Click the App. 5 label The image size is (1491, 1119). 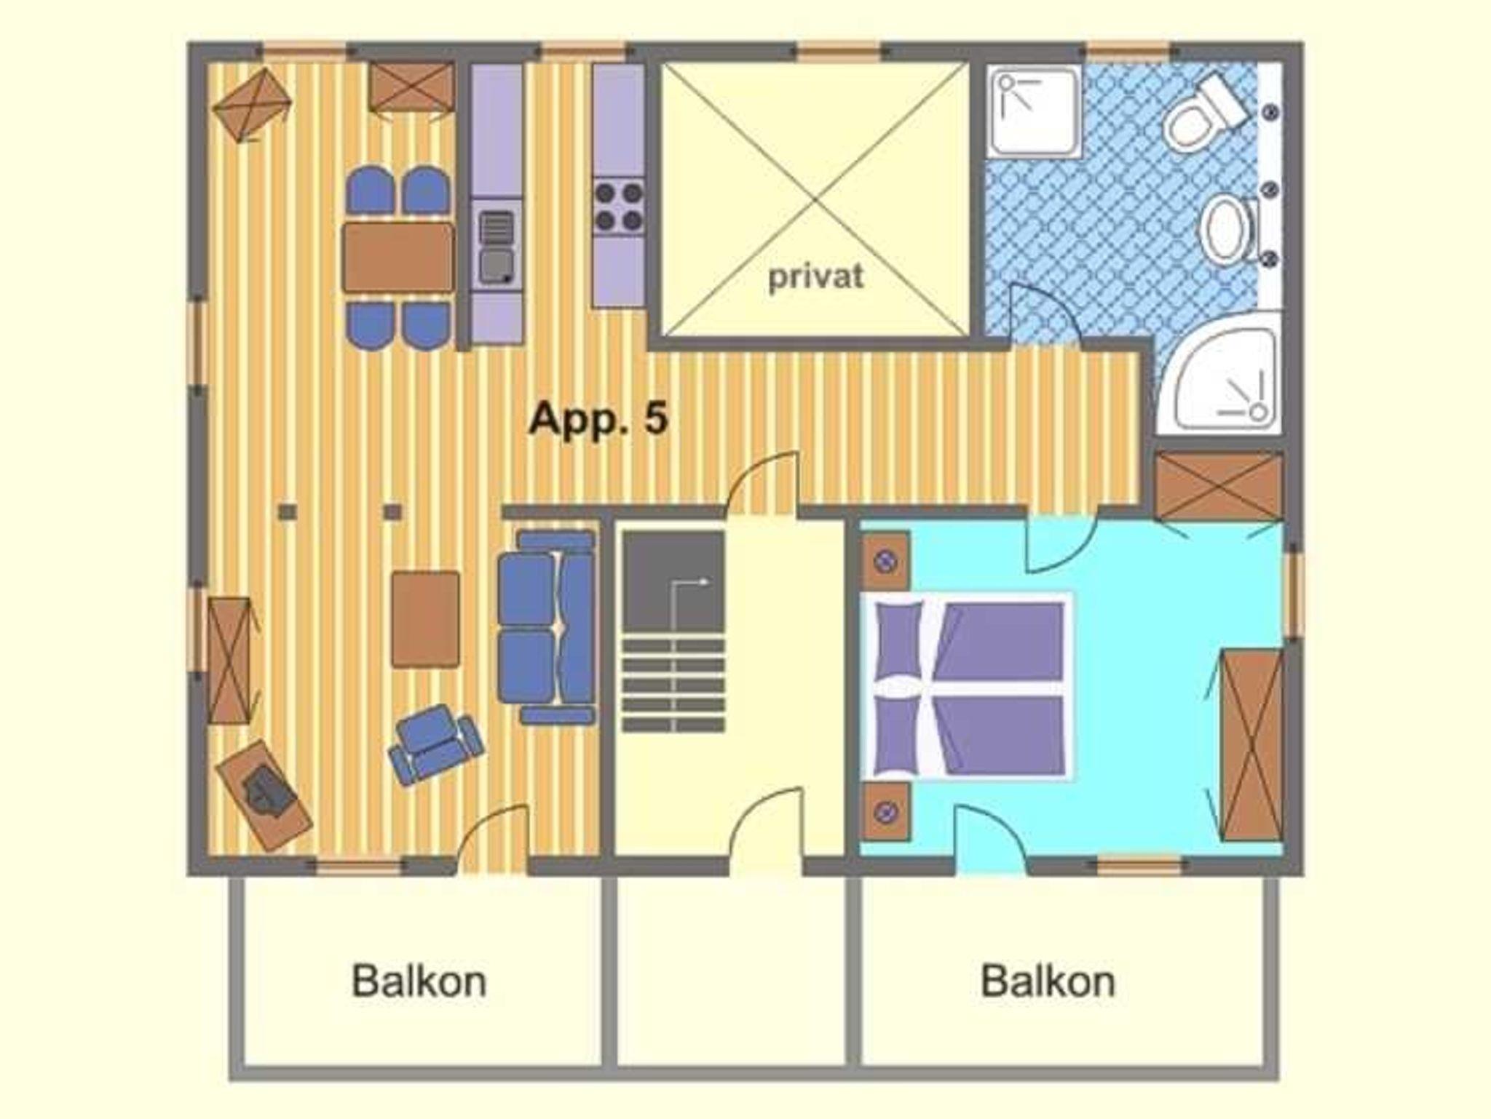click(598, 420)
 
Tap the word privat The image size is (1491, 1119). click(816, 277)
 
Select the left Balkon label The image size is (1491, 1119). click(419, 981)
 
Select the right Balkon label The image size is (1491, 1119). click(1048, 981)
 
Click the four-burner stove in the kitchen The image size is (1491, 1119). click(618, 207)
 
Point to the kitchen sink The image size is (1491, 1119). click(497, 246)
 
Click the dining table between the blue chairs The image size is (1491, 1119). click(398, 258)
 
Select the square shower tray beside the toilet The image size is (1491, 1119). click(1035, 112)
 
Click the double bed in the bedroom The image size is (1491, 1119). click(968, 686)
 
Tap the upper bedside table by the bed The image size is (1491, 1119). click(886, 561)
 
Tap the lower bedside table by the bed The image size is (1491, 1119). click(886, 811)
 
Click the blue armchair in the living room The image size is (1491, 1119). click(435, 744)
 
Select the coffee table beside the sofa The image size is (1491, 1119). click(425, 619)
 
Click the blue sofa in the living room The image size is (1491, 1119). click(547, 627)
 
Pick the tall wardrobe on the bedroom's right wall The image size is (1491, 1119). click(1251, 745)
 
